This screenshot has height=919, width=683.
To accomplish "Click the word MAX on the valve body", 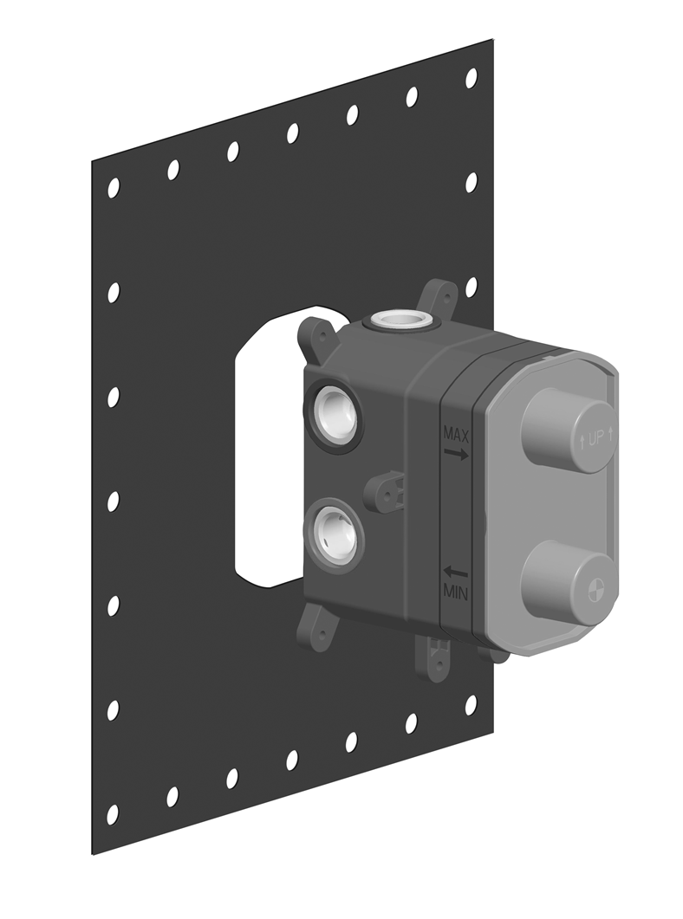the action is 456,434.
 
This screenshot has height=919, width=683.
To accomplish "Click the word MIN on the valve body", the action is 456,592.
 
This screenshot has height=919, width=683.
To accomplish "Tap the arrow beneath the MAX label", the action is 456,453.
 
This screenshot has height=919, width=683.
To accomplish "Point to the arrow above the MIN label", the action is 456,572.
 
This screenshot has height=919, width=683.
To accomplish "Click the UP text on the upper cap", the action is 595,438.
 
